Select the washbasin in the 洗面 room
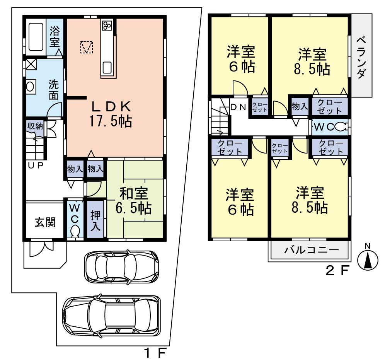30,86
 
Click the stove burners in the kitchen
107,26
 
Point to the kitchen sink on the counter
107,68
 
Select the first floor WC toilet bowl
75,231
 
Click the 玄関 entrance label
45,222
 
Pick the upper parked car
121,267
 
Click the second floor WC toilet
340,126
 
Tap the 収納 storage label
35,126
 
